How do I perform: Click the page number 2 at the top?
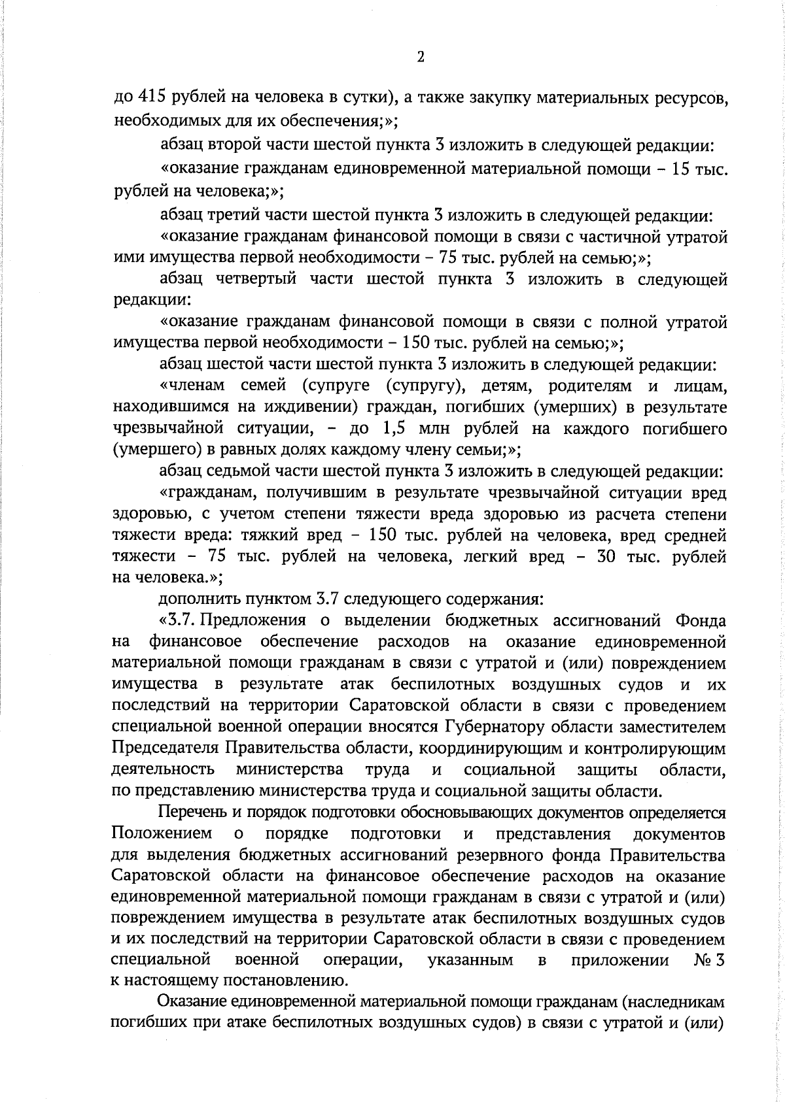[420, 58]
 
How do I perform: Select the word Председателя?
[166, 748]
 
